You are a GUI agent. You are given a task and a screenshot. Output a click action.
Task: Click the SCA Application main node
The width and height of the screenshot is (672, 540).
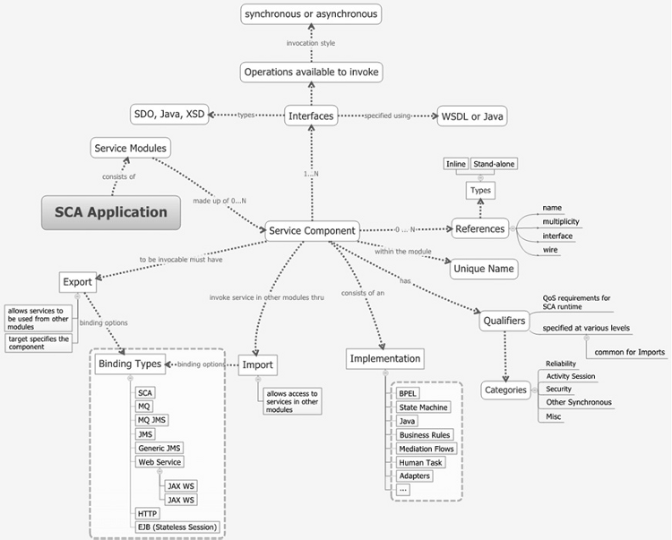click(111, 212)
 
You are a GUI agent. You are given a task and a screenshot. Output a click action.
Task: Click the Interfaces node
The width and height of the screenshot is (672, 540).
click(311, 115)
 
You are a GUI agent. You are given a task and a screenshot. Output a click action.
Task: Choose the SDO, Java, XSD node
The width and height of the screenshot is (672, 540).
click(170, 114)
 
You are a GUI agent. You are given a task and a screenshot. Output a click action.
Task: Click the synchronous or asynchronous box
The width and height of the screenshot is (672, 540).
click(312, 13)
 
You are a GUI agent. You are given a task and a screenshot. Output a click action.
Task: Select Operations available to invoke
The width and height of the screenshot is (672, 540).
click(312, 72)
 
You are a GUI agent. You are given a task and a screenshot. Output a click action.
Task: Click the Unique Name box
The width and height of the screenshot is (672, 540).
click(484, 268)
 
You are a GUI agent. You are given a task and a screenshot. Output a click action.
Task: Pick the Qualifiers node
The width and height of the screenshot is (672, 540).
click(504, 320)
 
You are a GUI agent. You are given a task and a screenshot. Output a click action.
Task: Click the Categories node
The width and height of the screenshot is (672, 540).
click(505, 390)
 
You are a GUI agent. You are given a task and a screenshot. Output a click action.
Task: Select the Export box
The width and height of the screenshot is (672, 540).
click(77, 281)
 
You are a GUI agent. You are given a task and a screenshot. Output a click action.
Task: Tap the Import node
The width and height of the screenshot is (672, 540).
click(257, 364)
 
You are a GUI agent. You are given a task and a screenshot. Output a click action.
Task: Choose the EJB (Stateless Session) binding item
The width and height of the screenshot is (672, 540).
click(177, 527)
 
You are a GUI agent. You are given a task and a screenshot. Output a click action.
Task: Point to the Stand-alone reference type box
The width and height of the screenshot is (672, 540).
click(495, 164)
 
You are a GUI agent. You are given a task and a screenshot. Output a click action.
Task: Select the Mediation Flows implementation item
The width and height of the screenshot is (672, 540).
click(426, 448)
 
